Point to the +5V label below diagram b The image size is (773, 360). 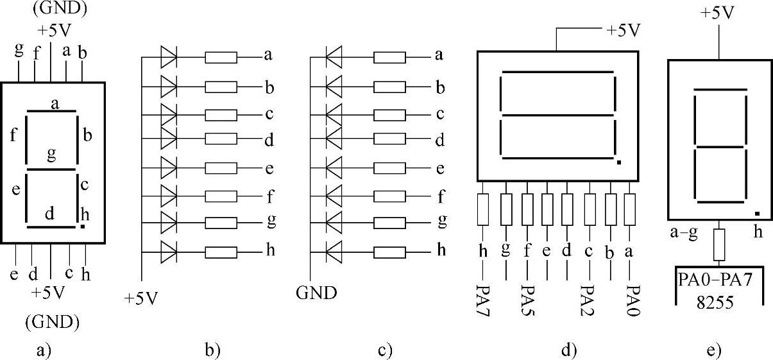coord(141,298)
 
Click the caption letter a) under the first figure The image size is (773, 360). coord(44,350)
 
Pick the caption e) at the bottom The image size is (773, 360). coord(713,350)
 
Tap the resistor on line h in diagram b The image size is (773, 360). coord(221,249)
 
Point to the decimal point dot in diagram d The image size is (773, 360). coord(618,163)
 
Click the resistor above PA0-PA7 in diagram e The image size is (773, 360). coord(720,244)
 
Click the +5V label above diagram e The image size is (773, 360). coord(718,13)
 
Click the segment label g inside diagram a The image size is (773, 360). coord(51,154)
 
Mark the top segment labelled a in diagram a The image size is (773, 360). coord(53,112)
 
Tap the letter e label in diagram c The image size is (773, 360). coord(440,169)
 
